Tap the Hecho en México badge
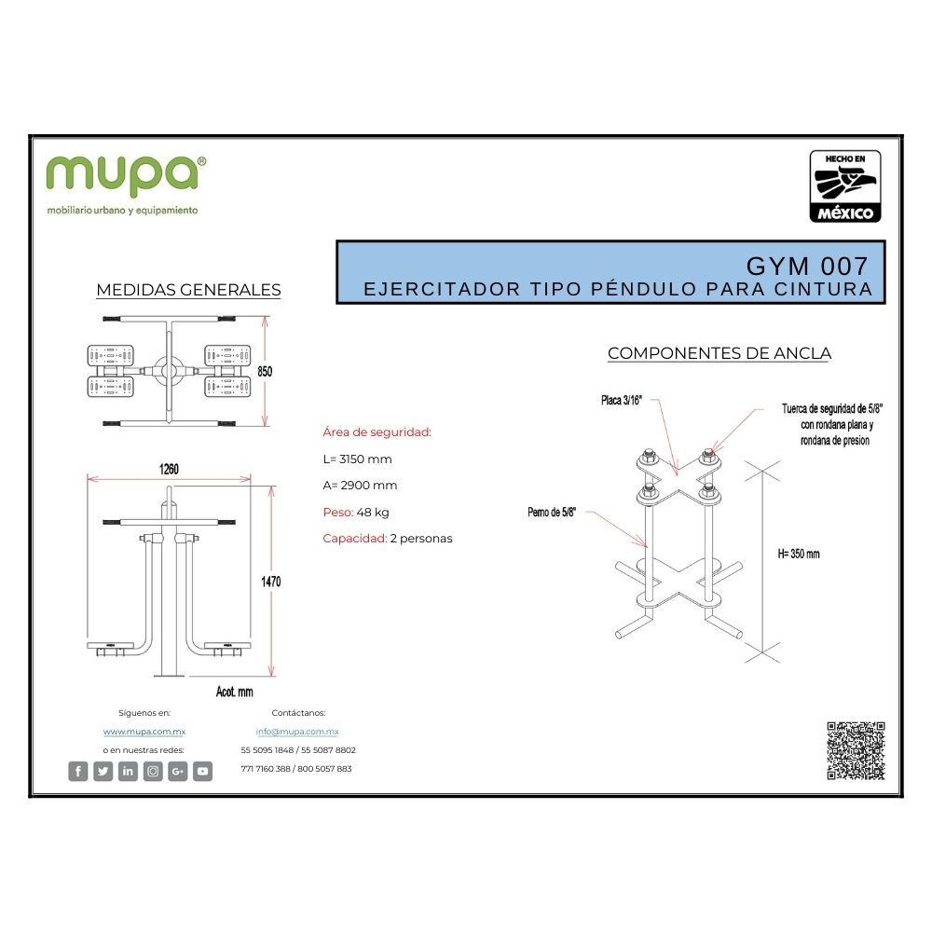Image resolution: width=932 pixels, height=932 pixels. (845, 187)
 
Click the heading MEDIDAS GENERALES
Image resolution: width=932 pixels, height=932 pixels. (188, 290)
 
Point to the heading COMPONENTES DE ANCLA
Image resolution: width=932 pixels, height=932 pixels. (719, 353)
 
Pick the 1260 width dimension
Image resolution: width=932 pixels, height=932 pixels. (169, 469)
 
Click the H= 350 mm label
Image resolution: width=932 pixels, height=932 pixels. (798, 554)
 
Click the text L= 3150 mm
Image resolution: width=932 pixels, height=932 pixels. (357, 459)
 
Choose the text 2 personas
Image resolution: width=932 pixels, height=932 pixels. (421, 538)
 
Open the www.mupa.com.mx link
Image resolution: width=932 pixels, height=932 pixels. (144, 732)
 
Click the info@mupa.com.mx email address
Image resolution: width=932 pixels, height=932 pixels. (297, 732)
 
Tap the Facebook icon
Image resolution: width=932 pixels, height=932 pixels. (78, 771)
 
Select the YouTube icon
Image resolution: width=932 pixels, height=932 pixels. (202, 771)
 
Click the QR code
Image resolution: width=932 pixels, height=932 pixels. (855, 750)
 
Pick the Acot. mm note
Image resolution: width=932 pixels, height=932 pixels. (234, 692)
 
